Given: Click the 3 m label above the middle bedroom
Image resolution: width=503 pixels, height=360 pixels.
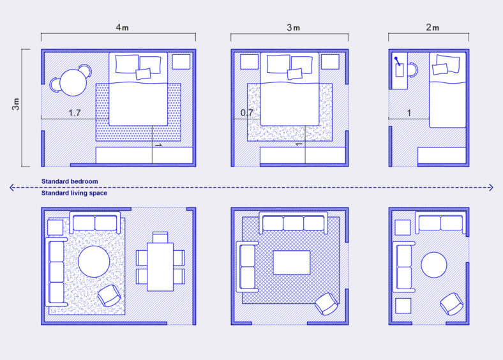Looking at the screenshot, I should click(x=293, y=27).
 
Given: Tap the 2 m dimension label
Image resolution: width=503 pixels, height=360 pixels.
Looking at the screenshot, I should click(x=433, y=27).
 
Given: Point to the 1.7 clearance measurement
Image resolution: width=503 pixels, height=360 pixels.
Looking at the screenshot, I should click(x=74, y=113).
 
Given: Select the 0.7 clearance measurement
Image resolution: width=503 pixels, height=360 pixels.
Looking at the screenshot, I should click(x=247, y=113).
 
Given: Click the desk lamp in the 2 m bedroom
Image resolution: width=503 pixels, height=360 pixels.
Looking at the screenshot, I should click(x=398, y=63).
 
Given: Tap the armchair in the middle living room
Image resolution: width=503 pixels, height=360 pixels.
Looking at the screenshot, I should click(x=327, y=304).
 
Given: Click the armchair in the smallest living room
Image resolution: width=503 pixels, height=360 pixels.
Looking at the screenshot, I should click(x=452, y=303).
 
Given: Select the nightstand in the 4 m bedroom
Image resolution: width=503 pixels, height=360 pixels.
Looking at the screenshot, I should click(x=181, y=62).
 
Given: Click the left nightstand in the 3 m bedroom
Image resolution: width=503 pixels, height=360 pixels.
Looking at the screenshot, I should click(x=249, y=62).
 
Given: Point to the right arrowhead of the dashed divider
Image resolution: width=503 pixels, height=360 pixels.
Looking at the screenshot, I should click(x=490, y=188).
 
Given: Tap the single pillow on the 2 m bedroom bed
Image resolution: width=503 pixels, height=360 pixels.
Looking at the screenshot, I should click(x=448, y=65).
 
